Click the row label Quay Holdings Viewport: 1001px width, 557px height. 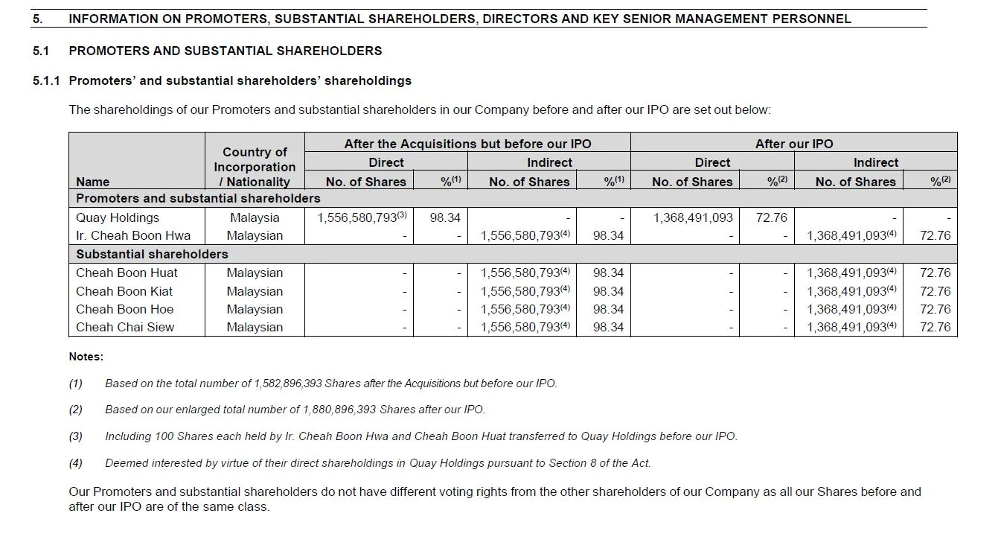click(118, 217)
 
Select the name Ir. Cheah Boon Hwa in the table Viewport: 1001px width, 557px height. click(133, 235)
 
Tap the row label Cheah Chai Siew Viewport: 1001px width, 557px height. click(125, 327)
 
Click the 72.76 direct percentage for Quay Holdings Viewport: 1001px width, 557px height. click(771, 217)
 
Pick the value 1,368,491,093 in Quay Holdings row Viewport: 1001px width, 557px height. click(693, 217)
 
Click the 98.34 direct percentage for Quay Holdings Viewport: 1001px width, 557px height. click(445, 217)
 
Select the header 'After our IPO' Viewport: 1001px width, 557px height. click(794, 144)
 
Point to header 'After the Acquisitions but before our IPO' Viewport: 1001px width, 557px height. click(467, 144)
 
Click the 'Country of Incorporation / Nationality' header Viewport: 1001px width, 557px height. click(255, 167)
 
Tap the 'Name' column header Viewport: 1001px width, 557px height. click(92, 182)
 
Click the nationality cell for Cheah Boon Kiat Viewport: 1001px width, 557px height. click(255, 291)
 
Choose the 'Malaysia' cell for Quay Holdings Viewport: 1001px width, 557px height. click(255, 217)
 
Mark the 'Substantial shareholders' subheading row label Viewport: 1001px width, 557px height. click(152, 254)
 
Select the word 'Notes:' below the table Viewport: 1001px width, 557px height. click(86, 357)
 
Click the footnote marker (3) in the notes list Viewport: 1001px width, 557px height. click(76, 436)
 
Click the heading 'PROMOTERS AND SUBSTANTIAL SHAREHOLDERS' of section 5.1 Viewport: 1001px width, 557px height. click(225, 51)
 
